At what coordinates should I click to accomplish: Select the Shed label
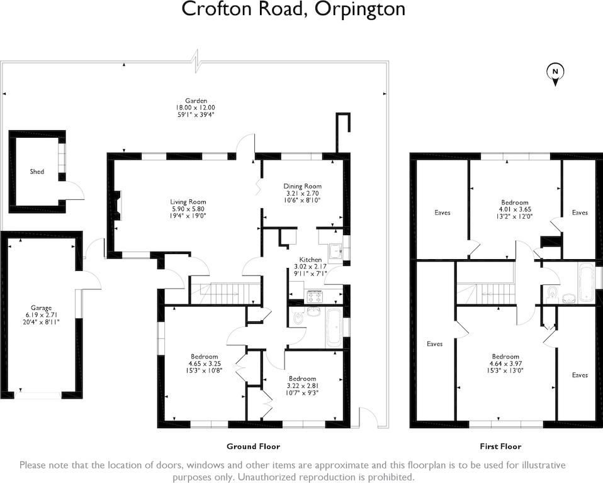click(37, 171)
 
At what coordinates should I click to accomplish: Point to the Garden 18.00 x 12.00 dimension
click(195, 108)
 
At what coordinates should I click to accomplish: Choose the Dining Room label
click(303, 186)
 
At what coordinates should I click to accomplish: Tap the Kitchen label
click(310, 259)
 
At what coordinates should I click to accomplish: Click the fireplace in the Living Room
click(118, 205)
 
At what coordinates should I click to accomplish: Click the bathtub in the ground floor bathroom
click(333, 328)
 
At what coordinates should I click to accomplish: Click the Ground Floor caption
click(253, 447)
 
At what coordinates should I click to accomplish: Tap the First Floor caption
click(500, 447)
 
